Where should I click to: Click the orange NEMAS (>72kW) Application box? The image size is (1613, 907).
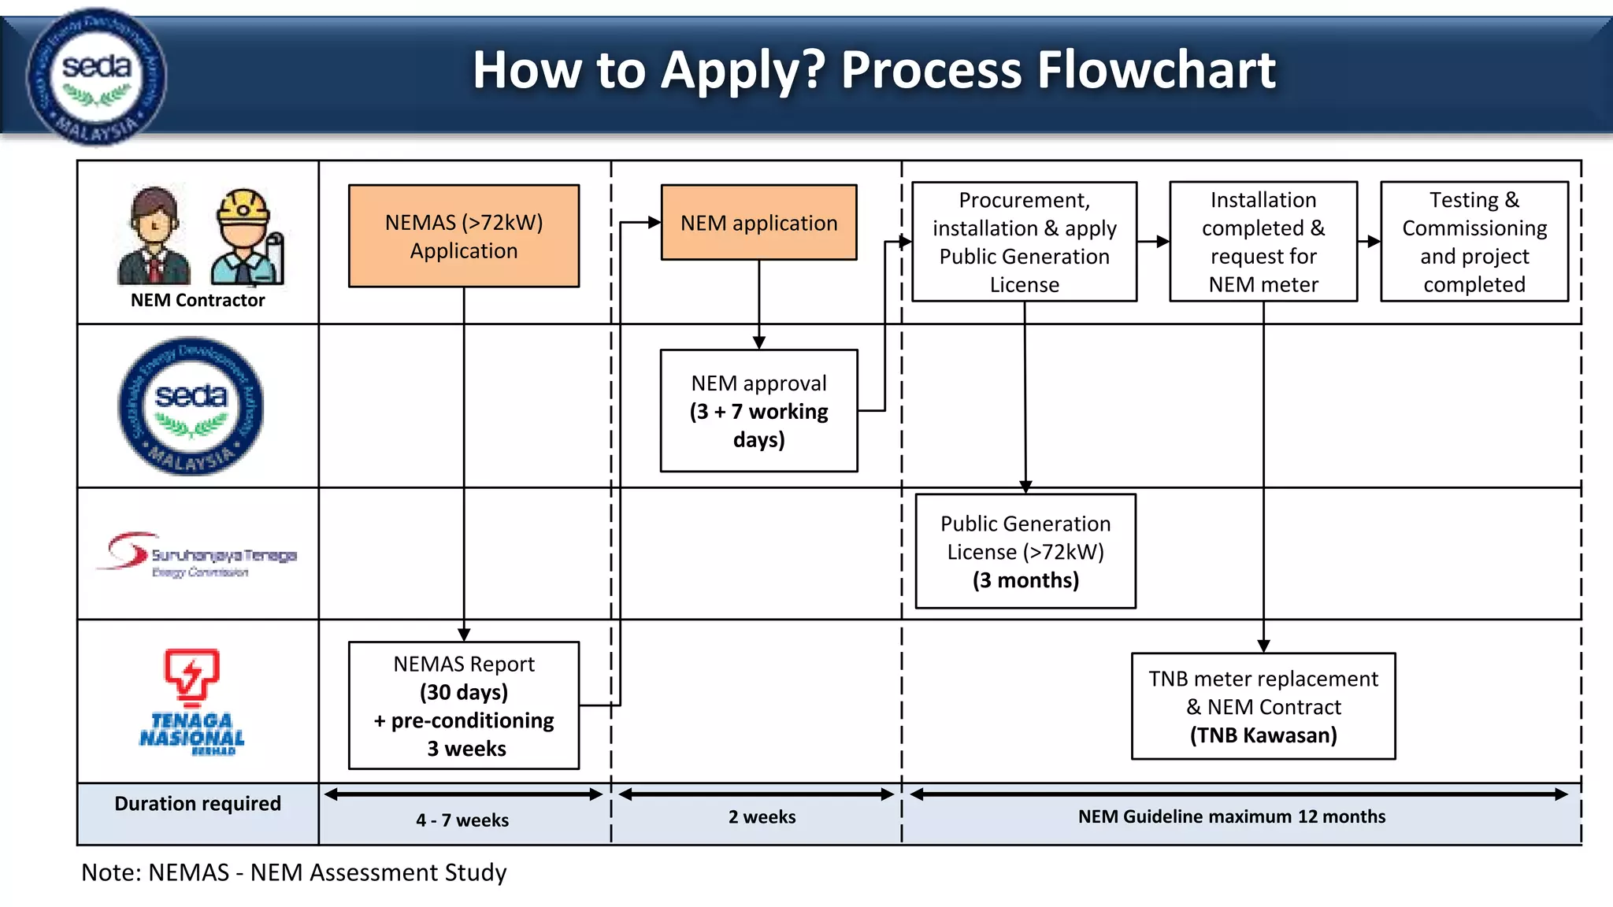[x=464, y=236]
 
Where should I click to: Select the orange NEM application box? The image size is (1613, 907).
[x=758, y=223]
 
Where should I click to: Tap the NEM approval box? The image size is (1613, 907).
[x=758, y=411]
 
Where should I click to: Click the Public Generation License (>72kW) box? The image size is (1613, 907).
[x=1025, y=551]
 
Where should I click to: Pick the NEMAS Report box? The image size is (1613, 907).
[x=464, y=705]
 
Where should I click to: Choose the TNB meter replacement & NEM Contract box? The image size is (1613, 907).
[x=1263, y=706]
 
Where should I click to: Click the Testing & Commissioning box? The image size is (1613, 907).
[x=1474, y=242]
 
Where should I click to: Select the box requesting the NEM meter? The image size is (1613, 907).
[x=1263, y=242]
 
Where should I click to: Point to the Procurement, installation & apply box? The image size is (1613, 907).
[x=1024, y=242]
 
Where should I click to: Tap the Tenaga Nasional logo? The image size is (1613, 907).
[x=191, y=701]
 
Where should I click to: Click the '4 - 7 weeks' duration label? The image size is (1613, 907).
[x=462, y=820]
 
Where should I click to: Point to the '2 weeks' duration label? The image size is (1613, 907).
[x=762, y=817]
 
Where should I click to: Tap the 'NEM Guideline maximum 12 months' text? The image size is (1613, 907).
[x=1231, y=817]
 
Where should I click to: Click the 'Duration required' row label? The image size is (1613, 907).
[x=198, y=804]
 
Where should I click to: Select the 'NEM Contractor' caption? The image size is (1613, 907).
[x=198, y=301]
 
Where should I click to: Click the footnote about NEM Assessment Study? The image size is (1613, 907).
[x=294, y=872]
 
